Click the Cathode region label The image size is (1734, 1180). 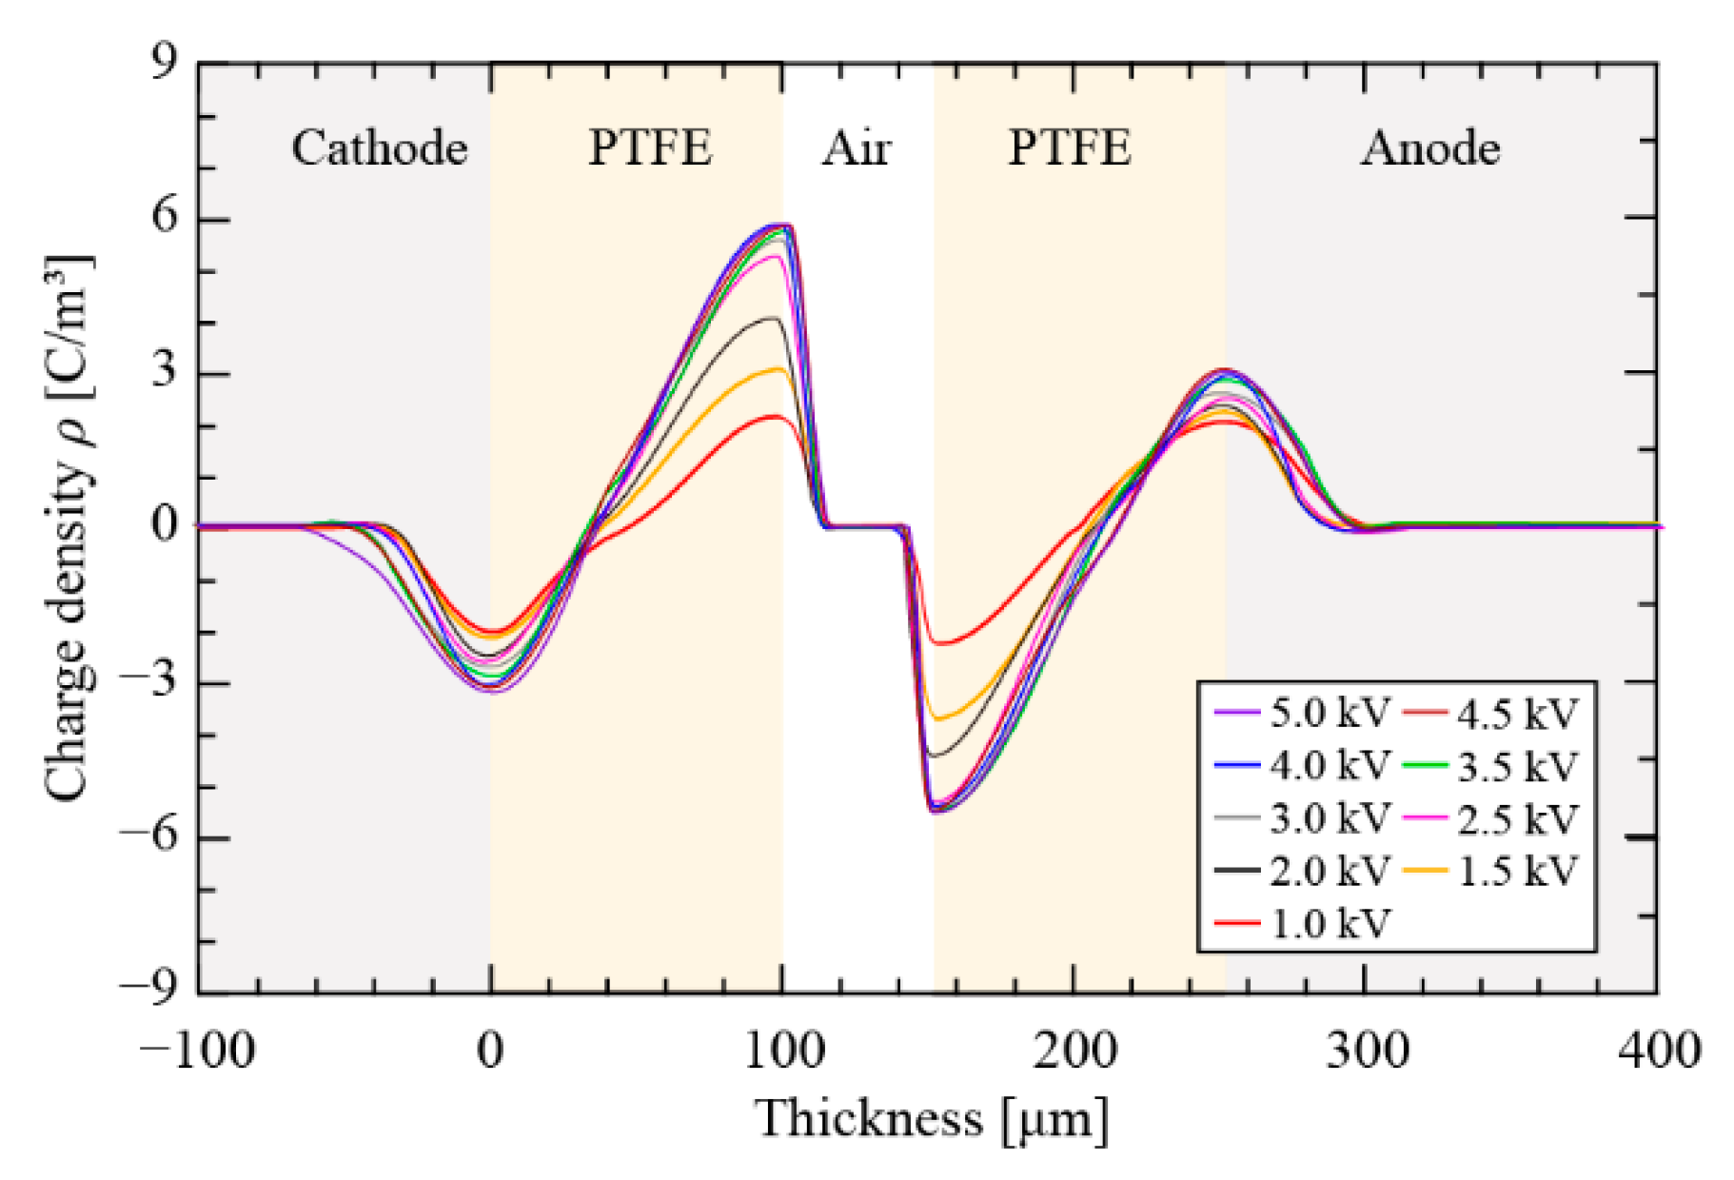pyautogui.click(x=379, y=148)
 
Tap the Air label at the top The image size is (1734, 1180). pyautogui.click(x=857, y=148)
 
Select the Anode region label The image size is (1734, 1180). pyautogui.click(x=1430, y=148)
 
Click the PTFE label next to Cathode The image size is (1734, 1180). pyautogui.click(x=650, y=148)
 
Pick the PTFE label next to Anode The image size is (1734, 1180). pyautogui.click(x=1070, y=148)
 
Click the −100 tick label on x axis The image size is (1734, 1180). pyautogui.click(x=197, y=1051)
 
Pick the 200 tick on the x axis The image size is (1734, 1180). pyautogui.click(x=1075, y=1051)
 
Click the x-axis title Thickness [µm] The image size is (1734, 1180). pyautogui.click(x=933, y=1118)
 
